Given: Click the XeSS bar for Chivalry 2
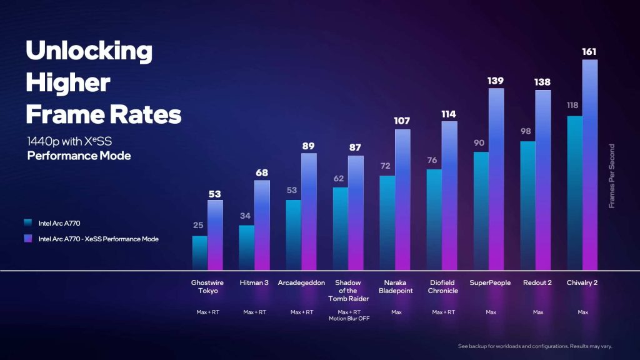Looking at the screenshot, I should click(590, 165).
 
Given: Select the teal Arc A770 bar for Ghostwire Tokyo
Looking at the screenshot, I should click(199, 253).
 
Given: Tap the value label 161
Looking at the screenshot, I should click(590, 51).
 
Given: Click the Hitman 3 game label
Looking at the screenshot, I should click(254, 282).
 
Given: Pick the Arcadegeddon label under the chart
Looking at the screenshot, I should click(301, 282).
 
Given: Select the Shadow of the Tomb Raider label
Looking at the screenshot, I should click(348, 290).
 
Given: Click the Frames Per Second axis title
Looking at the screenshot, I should click(612, 176).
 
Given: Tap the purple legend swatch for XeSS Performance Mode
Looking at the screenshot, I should click(27, 238).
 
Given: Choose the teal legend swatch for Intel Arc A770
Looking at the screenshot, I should click(27, 222).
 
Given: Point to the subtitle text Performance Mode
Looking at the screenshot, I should click(79, 156).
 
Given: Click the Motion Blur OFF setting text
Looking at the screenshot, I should click(348, 319).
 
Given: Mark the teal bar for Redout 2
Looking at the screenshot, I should click(527, 206).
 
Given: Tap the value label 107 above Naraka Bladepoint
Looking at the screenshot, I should click(402, 121).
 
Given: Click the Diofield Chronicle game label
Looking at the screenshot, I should click(442, 286).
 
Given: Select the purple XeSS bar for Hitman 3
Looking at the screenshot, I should click(262, 225).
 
